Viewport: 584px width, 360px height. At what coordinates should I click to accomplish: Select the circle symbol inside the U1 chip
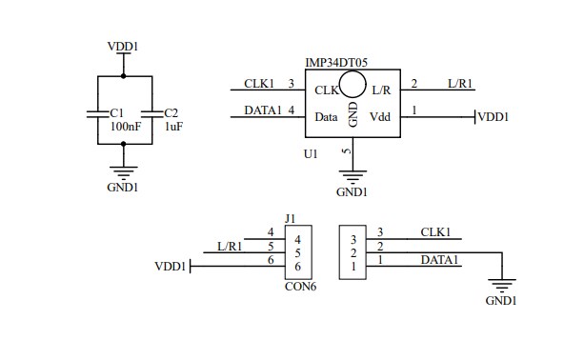tap(352, 84)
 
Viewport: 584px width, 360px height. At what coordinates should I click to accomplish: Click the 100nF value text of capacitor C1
tap(126, 126)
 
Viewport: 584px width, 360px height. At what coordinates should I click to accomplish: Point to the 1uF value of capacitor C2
tap(174, 126)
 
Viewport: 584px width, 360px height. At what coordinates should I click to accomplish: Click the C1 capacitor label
tap(117, 112)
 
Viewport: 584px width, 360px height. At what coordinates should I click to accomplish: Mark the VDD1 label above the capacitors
tap(124, 44)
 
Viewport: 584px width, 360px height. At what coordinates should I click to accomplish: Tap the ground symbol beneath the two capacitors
tap(123, 170)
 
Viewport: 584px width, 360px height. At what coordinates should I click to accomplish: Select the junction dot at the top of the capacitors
tap(123, 76)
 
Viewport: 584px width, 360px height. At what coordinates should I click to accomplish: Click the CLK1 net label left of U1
tap(260, 84)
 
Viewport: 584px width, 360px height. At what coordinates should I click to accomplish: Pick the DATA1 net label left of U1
tap(263, 110)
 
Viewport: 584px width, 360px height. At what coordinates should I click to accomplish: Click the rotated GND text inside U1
tap(352, 114)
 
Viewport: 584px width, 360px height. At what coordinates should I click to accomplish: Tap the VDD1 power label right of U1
tap(493, 117)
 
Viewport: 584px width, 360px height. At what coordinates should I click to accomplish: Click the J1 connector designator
tap(290, 219)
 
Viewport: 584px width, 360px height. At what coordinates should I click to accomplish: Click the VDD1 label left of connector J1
tap(170, 268)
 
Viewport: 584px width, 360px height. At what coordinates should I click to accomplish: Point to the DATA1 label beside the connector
tap(440, 259)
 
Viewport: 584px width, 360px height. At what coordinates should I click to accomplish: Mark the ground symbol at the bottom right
tap(501, 285)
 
